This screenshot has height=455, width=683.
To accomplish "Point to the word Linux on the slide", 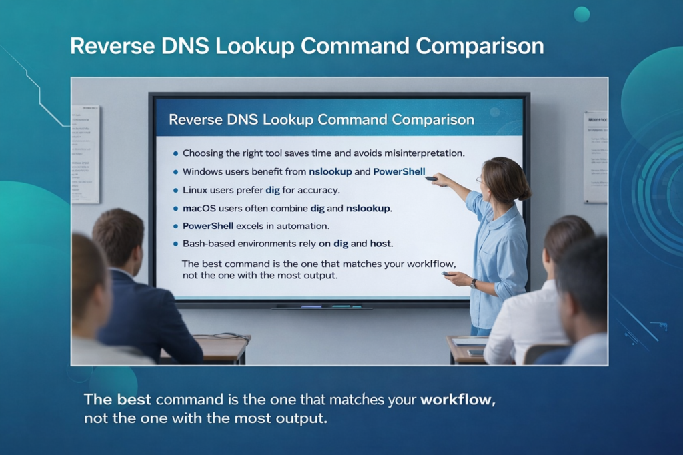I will tap(195, 190).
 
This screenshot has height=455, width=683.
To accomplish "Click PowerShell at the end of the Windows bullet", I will tap(399, 171).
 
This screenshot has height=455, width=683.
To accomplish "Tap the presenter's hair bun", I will tap(525, 193).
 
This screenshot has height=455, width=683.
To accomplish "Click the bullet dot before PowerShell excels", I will tap(175, 227).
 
